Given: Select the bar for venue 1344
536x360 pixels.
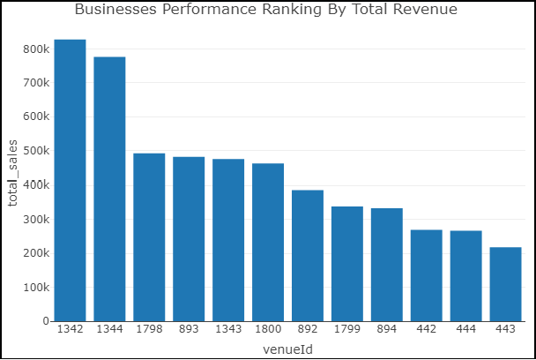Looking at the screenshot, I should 109,189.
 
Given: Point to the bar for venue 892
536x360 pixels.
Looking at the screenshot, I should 308,255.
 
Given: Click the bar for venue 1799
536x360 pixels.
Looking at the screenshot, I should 347,264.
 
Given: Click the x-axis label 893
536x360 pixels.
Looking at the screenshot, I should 189,329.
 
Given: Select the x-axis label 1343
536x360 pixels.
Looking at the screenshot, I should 228,329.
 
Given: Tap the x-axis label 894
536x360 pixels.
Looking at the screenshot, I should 386,329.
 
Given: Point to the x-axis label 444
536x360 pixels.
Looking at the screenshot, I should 465,329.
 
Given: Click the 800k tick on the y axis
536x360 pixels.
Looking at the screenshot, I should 35,49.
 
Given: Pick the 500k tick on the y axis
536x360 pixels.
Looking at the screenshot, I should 35,151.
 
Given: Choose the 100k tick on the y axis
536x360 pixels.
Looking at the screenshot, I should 35,288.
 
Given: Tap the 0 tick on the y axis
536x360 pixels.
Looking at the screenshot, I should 44,321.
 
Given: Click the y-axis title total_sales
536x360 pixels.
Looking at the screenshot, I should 13,173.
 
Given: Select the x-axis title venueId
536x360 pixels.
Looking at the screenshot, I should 287,349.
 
